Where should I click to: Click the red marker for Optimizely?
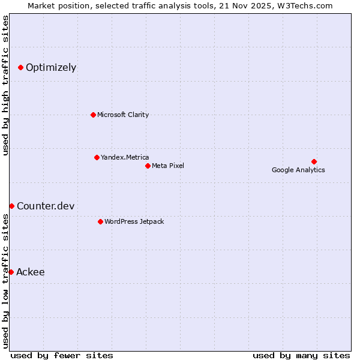point(20,67)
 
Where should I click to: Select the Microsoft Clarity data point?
point(93,115)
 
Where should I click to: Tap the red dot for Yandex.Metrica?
point(97,157)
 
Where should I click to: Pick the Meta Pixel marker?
point(148,166)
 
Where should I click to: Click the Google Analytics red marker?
point(314,161)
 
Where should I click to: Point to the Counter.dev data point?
point(11,206)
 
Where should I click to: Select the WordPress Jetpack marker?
point(100,221)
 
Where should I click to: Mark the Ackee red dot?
point(11,272)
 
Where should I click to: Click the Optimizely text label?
point(51,67)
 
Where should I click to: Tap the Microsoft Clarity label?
point(123,115)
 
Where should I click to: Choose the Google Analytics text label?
point(298,170)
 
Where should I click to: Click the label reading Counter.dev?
point(46,206)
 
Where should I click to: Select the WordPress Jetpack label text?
point(134,221)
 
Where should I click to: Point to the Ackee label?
point(31,272)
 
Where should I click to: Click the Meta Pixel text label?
point(168,166)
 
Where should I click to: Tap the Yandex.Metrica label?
point(125,157)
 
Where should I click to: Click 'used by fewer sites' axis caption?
point(62,355)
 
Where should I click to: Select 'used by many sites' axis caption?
point(301,355)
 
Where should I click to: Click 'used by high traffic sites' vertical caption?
point(5,85)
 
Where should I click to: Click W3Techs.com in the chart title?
point(307,6)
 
